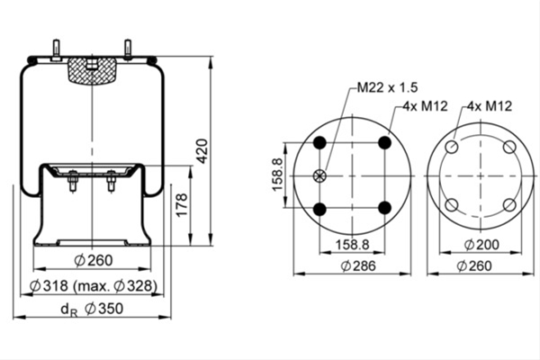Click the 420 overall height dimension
[x=202, y=151]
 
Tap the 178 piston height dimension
[x=182, y=204]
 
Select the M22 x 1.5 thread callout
[x=387, y=87]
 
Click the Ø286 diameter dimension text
[x=358, y=266]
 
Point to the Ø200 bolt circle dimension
[x=481, y=245]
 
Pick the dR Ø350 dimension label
[x=92, y=309]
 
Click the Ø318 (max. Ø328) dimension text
[x=94, y=285]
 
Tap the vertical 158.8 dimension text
[x=277, y=175]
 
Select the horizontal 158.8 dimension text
[x=352, y=245]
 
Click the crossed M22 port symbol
[x=319, y=175]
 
